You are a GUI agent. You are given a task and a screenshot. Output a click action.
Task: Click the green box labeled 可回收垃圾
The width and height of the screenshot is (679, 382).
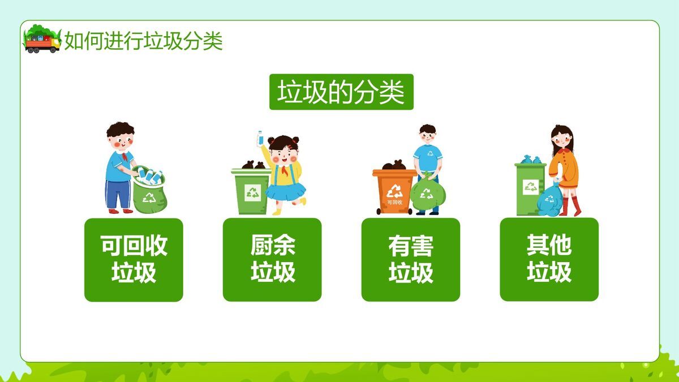point(134,260)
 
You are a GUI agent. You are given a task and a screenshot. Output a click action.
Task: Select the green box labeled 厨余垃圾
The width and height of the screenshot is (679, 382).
point(272,260)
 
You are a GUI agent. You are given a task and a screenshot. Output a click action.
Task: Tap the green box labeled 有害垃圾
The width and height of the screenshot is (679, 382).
point(411,260)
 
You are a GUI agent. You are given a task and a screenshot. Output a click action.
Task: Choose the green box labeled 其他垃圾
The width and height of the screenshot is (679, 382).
point(549,260)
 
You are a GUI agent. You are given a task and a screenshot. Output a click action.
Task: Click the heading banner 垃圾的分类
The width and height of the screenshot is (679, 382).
point(341,92)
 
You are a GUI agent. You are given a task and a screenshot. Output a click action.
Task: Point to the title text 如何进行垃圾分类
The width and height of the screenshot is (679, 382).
point(144,41)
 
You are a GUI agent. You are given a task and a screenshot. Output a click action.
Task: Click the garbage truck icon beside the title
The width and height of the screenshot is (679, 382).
point(42,40)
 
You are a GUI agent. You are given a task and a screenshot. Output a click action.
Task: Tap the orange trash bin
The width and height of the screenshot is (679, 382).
point(393,190)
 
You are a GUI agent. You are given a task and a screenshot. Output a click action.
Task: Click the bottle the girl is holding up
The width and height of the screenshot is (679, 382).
point(261,138)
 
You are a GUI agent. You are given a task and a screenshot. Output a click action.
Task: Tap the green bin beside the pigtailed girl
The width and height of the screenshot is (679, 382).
point(251,190)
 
